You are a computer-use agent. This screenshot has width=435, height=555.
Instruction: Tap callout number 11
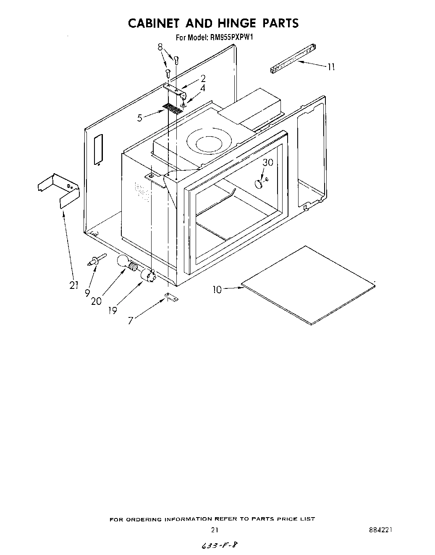[x=331, y=67]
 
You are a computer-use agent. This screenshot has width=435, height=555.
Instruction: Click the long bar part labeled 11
[x=292, y=59]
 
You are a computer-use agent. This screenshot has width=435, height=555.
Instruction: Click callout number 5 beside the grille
[x=140, y=118]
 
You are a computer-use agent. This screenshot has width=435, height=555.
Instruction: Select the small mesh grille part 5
[x=173, y=109]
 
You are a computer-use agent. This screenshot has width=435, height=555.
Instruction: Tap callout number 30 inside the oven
[x=268, y=163]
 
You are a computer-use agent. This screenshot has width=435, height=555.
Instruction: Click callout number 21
[x=74, y=285]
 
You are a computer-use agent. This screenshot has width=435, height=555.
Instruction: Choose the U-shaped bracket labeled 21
[x=59, y=189]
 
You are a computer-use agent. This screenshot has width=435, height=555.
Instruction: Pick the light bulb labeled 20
[x=124, y=262]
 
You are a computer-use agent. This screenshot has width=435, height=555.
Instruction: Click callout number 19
[x=112, y=311]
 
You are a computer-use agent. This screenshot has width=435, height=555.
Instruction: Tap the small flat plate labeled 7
[x=171, y=297]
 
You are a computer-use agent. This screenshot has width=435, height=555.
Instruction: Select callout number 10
[x=217, y=289]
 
